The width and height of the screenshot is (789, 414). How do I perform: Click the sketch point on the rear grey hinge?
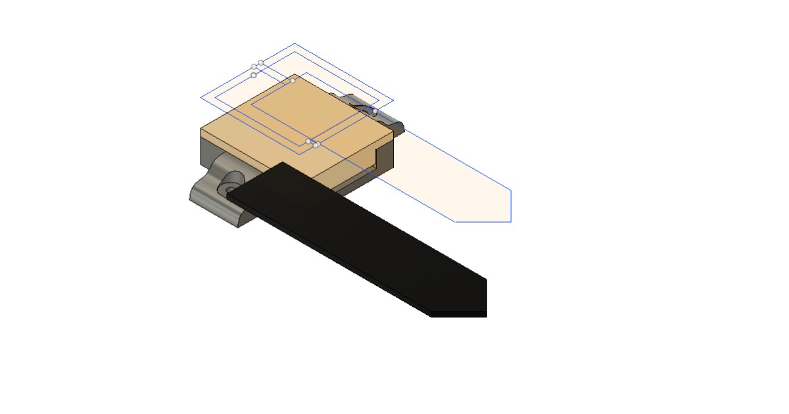pyautogui.click(x=375, y=111)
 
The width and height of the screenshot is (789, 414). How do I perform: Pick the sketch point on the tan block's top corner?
pyautogui.click(x=293, y=81)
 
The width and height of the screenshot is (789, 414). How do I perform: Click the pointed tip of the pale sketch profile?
pyautogui.click(x=511, y=191)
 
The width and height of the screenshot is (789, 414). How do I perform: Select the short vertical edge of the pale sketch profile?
pyautogui.click(x=511, y=206)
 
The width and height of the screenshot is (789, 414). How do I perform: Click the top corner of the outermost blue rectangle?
pyautogui.click(x=294, y=44)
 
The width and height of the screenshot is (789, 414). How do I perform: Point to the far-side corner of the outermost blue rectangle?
pyautogui.click(x=393, y=101)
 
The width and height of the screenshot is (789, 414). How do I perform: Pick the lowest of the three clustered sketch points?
pyautogui.click(x=254, y=75)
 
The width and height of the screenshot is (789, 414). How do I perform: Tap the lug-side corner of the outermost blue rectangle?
pyautogui.click(x=201, y=98)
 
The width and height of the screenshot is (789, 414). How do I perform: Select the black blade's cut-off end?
pyautogui.click(x=486, y=296)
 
